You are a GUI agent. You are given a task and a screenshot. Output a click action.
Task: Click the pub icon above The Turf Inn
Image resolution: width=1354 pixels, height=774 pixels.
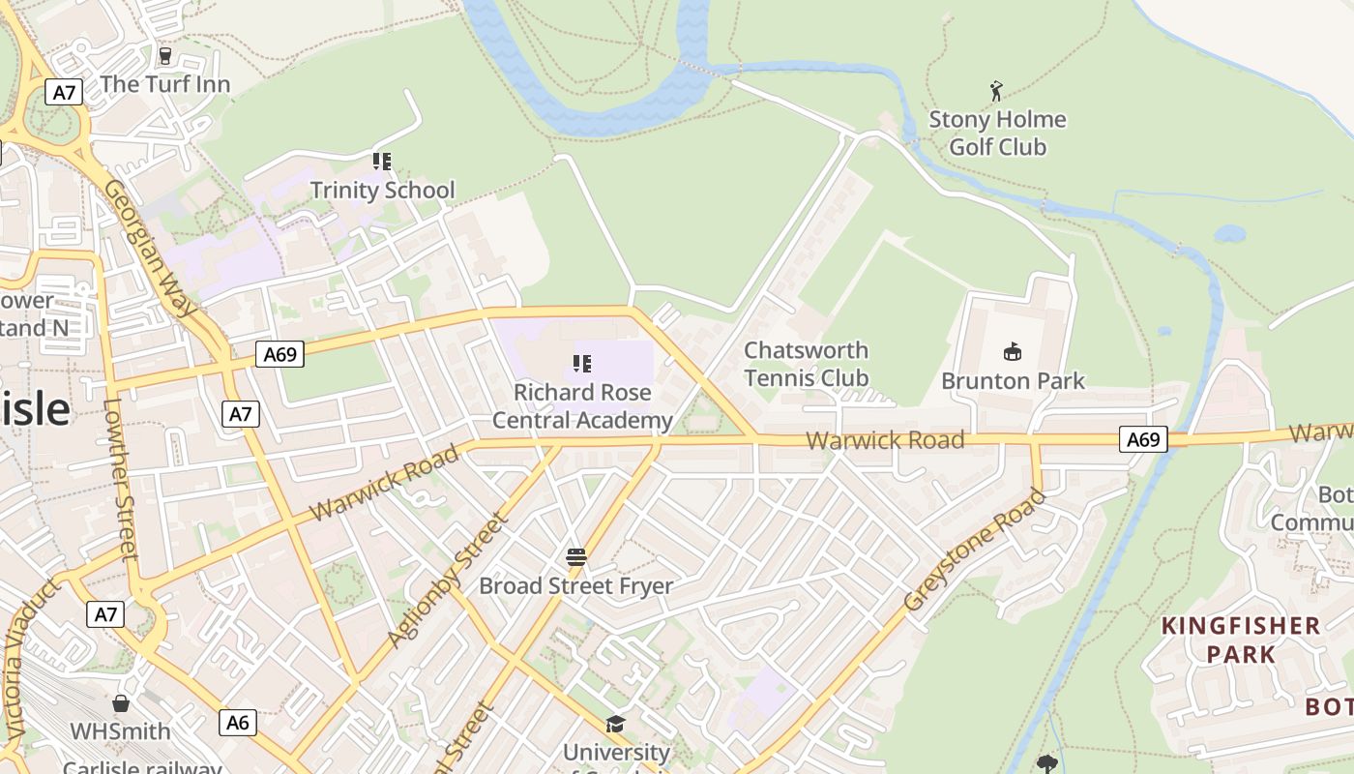pyautogui.click(x=164, y=56)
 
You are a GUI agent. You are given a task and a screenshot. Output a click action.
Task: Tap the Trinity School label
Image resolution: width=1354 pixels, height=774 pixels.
pyautogui.click(x=382, y=190)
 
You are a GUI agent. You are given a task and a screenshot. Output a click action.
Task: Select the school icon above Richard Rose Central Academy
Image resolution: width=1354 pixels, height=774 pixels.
pyautogui.click(x=581, y=364)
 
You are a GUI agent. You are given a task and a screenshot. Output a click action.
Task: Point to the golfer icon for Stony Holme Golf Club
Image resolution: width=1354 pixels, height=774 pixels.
pyautogui.click(x=996, y=92)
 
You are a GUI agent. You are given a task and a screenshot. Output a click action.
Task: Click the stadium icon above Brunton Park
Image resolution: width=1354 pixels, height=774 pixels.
pyautogui.click(x=1013, y=351)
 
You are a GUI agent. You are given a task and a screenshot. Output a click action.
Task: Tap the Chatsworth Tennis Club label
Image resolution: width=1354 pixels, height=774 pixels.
pyautogui.click(x=807, y=364)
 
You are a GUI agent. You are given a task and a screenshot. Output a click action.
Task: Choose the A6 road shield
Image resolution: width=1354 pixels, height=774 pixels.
pyautogui.click(x=238, y=722)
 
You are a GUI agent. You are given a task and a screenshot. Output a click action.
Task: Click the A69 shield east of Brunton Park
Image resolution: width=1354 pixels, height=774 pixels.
pyautogui.click(x=1143, y=440)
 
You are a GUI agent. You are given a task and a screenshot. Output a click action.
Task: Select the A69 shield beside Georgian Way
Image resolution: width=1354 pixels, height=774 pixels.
pyautogui.click(x=280, y=354)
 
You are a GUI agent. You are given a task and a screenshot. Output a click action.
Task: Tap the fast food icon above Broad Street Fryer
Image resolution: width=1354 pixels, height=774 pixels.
pyautogui.click(x=576, y=557)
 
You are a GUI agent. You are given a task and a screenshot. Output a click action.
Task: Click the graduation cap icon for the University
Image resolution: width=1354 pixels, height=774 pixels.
pyautogui.click(x=615, y=724)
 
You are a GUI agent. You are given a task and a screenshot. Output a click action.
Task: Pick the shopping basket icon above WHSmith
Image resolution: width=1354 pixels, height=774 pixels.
pyautogui.click(x=121, y=702)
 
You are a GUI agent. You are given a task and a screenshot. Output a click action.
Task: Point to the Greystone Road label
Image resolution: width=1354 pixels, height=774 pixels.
pyautogui.click(x=975, y=550)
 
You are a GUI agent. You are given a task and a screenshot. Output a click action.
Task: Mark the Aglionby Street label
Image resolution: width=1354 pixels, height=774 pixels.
pyautogui.click(x=447, y=580)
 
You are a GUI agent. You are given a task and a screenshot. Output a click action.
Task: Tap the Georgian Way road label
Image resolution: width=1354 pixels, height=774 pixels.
pyautogui.click(x=150, y=247)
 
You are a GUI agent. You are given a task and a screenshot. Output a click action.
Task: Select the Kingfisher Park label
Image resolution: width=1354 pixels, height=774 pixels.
pyautogui.click(x=1241, y=640)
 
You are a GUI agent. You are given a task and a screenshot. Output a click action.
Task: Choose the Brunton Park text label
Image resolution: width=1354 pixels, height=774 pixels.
pyautogui.click(x=1013, y=381)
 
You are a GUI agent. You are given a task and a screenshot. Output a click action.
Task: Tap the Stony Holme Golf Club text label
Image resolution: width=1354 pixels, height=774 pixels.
pyautogui.click(x=997, y=134)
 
